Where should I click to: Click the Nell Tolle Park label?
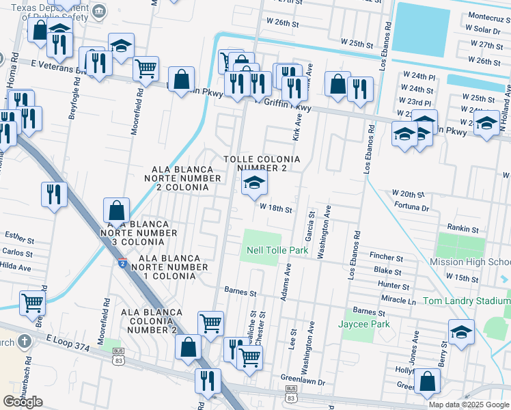[x=277, y=251]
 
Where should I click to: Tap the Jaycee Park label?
[x=364, y=324]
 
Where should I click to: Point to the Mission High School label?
[x=471, y=262]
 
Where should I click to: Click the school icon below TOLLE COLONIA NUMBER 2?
[x=254, y=182]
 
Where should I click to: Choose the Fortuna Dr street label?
[x=411, y=208]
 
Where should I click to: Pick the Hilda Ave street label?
[x=15, y=266]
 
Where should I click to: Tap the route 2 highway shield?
[x=121, y=263]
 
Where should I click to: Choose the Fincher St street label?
[x=387, y=258]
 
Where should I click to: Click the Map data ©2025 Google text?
[x=469, y=405]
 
